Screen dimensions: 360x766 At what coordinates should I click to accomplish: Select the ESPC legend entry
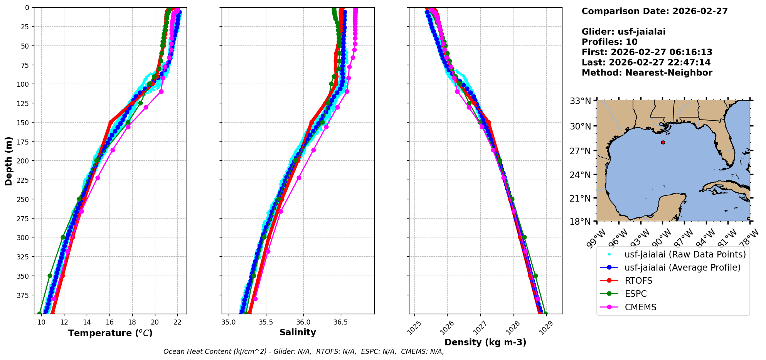tap(635, 294)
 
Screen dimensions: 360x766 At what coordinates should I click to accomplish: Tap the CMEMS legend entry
tap(640, 307)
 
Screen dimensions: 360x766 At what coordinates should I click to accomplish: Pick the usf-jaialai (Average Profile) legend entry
tap(682, 267)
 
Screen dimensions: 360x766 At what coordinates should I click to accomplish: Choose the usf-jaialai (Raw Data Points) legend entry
tap(685, 254)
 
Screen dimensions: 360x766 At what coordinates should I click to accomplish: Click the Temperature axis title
tap(110, 333)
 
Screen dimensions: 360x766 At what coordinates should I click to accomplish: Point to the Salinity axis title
tap(298, 332)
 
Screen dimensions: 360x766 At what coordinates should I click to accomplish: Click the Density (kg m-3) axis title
tap(485, 342)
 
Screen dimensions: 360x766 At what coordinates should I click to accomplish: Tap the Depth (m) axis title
tap(8, 161)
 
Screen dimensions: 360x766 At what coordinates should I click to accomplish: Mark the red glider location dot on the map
tap(663, 142)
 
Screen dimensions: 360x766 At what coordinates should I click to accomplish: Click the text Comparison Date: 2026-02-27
tap(655, 11)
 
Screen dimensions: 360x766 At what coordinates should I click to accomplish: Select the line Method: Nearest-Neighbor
tap(647, 73)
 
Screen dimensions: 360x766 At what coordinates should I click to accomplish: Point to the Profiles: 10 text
tap(609, 42)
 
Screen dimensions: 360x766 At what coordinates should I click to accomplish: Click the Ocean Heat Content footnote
tap(303, 352)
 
